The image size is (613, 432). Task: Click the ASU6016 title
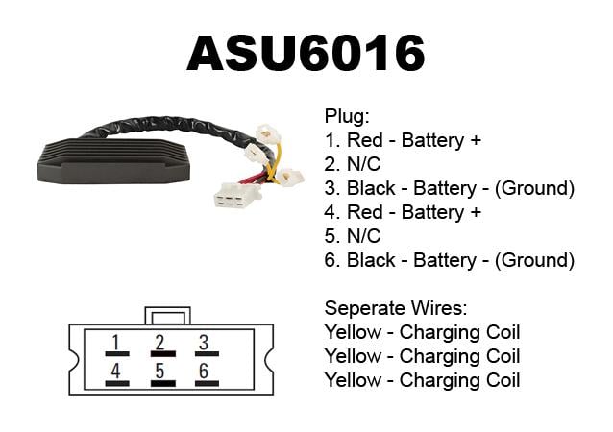point(306,53)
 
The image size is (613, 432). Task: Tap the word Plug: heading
point(347,116)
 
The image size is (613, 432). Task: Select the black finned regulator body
point(113,161)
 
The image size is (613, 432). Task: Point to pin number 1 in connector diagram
point(115,343)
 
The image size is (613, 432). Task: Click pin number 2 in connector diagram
point(159,343)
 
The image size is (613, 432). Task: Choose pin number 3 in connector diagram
point(204,343)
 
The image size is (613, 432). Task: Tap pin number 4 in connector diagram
point(115,372)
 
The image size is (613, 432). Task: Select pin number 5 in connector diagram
point(159,372)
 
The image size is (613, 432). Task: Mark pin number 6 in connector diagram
point(204,372)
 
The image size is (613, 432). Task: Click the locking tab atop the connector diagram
point(168,316)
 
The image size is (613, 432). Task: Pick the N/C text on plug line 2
point(363,164)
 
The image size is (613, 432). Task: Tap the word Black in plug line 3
point(371,188)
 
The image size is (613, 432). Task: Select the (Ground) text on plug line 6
point(534,260)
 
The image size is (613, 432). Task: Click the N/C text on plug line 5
point(363,236)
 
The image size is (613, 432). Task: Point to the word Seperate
point(364,308)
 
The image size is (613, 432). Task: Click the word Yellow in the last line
point(353,380)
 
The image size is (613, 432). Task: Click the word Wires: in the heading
point(437,308)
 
